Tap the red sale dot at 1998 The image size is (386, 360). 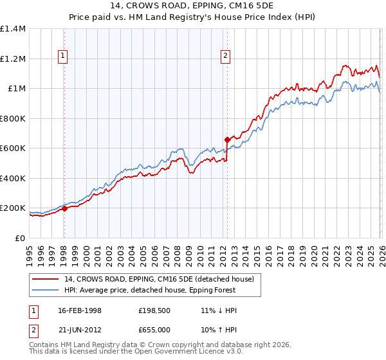pyautogui.click(x=64, y=208)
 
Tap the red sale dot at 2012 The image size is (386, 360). pyautogui.click(x=227, y=139)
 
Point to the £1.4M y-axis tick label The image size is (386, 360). pyautogui.click(x=13, y=29)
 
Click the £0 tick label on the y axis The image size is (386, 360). pyautogui.click(x=20, y=238)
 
